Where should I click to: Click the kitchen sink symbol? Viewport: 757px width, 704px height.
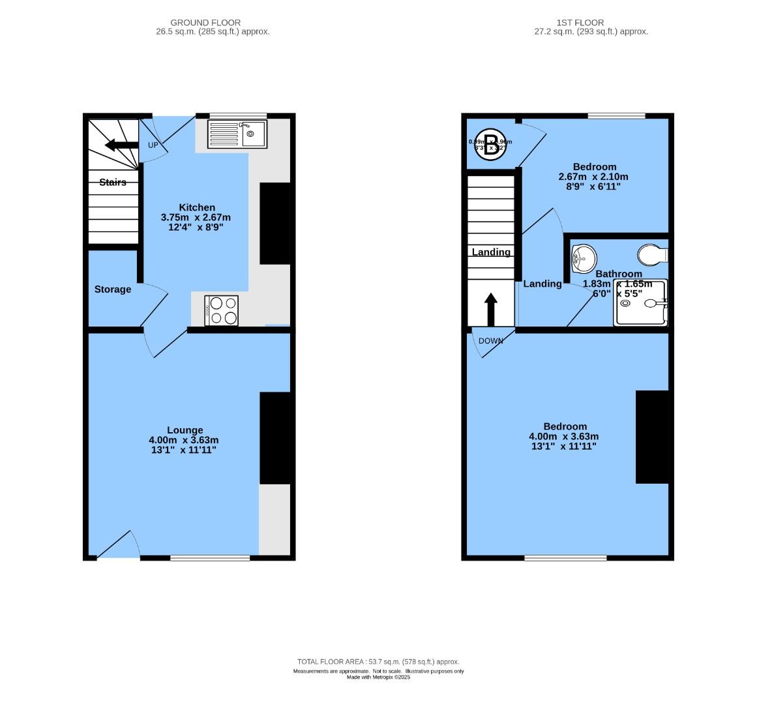tap(237, 134)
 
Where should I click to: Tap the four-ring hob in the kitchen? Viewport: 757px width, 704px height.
tap(222, 310)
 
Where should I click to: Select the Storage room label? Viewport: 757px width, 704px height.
tap(113, 289)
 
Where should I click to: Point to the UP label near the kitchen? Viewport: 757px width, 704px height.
tap(153, 145)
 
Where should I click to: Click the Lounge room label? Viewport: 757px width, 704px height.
tap(185, 430)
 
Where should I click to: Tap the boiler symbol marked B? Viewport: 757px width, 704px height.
tap(490, 142)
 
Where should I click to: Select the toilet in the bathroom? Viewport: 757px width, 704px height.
tap(651, 253)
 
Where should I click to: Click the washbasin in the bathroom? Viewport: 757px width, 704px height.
tap(583, 259)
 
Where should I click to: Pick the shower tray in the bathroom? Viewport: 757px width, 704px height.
tap(642, 303)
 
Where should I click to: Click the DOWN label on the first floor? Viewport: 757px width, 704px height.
tap(491, 341)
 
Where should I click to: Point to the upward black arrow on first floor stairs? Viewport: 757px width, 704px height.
tap(491, 309)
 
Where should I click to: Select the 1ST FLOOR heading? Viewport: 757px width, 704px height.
tap(591, 23)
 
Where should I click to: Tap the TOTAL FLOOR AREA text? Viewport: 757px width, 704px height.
tap(378, 662)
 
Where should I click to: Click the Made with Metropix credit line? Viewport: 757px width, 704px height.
tap(378, 677)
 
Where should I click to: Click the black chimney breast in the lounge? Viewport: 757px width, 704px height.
tap(275, 438)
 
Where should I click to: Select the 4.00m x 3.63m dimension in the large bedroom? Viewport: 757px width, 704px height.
tap(564, 437)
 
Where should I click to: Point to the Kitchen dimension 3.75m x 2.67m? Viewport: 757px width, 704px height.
tap(196, 218)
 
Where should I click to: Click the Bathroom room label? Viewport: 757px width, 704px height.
tap(619, 274)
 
